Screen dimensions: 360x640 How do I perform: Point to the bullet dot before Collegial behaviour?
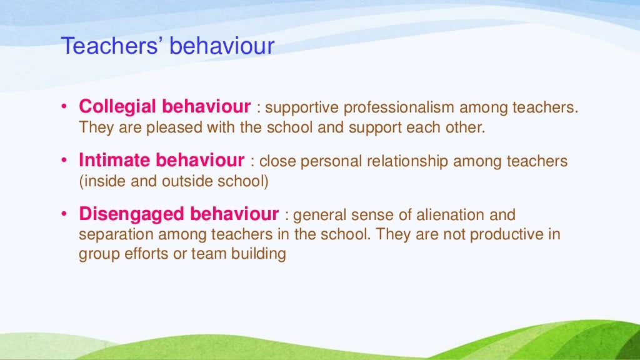point(64,107)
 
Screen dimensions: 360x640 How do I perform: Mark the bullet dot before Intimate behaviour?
point(64,161)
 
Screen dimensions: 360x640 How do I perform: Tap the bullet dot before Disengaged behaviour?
point(64,216)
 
